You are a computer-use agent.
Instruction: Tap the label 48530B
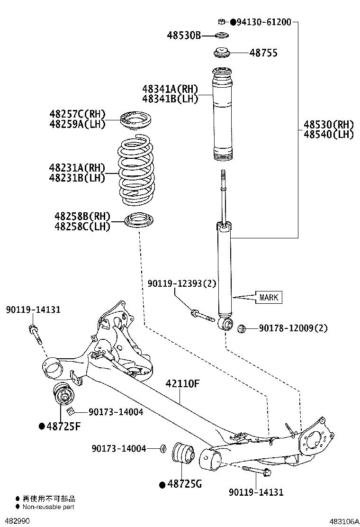click(x=184, y=35)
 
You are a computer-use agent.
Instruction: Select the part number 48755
click(x=263, y=53)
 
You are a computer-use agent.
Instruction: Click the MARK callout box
click(x=269, y=298)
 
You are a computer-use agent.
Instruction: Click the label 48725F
click(x=63, y=426)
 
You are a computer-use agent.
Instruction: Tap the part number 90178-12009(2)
click(x=293, y=328)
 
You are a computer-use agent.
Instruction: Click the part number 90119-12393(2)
click(x=181, y=283)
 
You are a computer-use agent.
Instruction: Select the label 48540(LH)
click(x=329, y=135)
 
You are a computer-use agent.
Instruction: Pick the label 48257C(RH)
click(x=77, y=114)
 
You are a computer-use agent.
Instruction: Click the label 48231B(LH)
click(x=77, y=178)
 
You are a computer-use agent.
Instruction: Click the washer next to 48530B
click(x=221, y=36)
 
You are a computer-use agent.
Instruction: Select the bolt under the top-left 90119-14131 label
click(x=36, y=335)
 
